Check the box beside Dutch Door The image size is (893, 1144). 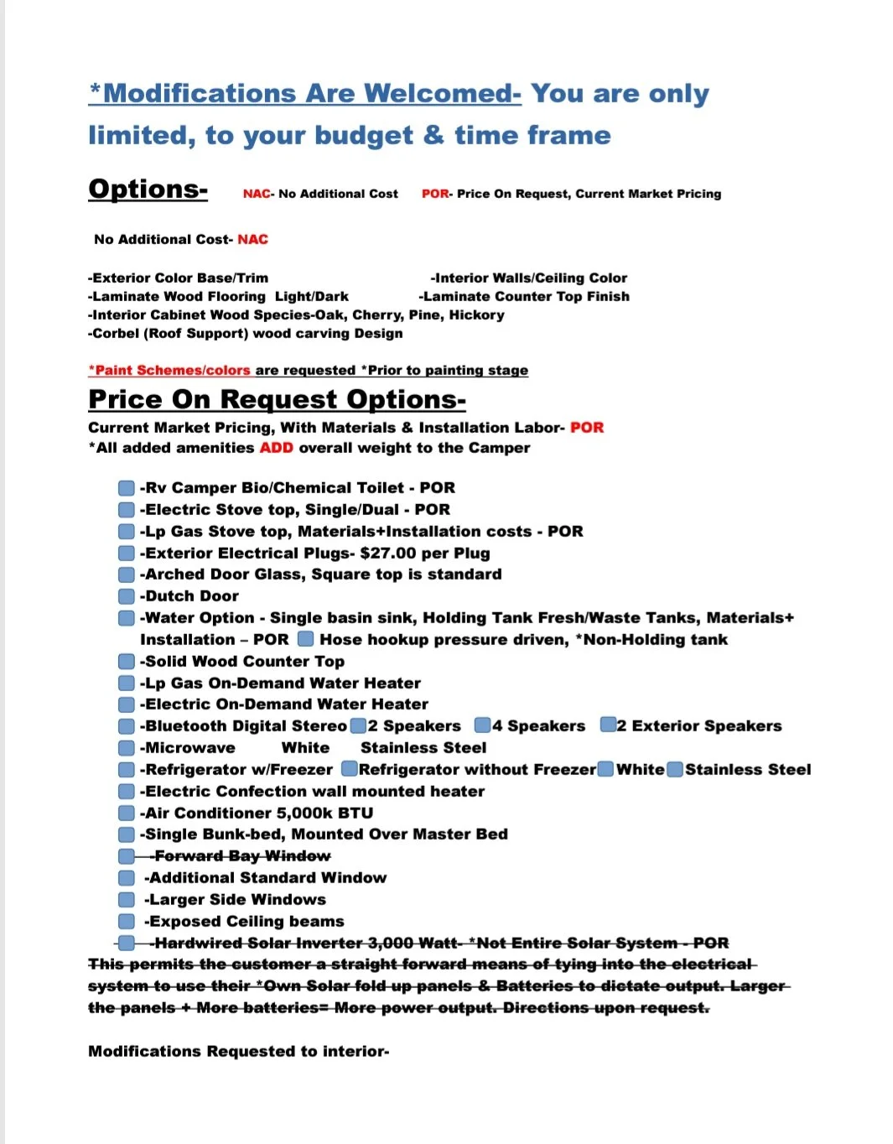(127, 596)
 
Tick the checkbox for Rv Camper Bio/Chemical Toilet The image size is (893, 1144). (127, 488)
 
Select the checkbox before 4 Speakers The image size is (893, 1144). (482, 725)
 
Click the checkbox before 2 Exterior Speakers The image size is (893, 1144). (608, 725)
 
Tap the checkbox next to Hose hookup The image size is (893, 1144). (306, 639)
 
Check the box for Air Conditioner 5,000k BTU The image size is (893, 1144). (127, 813)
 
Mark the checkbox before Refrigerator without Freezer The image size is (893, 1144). (350, 769)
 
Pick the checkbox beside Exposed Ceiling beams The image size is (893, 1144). (127, 922)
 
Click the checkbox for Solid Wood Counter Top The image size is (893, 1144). (127, 662)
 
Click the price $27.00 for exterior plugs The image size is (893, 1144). (388, 554)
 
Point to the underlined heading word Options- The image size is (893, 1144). (148, 190)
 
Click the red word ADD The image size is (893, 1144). (276, 448)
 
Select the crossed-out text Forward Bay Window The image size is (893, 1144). (242, 856)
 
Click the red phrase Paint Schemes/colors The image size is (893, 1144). (170, 370)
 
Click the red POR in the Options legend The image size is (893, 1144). (434, 194)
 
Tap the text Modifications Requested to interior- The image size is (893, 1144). (238, 1052)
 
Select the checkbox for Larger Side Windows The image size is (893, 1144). (127, 900)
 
